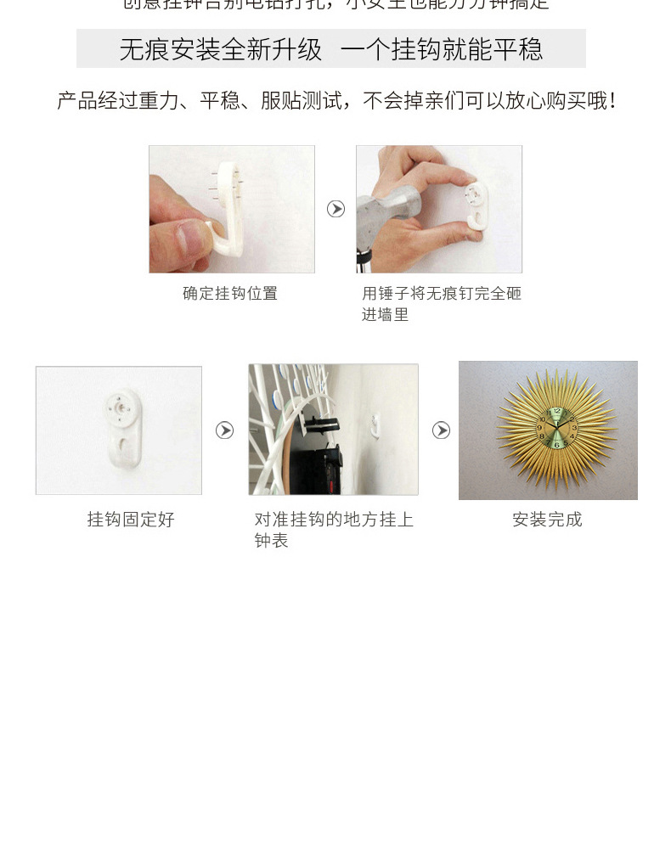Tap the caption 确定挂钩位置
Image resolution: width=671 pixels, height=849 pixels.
point(230,294)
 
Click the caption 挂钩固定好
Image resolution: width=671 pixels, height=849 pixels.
point(131,520)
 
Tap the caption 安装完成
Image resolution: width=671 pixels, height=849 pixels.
point(547,520)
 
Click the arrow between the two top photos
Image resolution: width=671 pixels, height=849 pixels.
point(336,209)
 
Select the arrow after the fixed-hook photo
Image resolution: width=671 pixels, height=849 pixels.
point(224,430)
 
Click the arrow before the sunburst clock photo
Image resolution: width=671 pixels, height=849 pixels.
point(441,430)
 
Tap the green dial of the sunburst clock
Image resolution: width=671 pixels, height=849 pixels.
point(555,430)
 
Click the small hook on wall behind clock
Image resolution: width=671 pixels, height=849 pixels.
point(376,422)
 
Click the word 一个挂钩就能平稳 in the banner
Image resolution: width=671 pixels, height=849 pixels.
point(441,49)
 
